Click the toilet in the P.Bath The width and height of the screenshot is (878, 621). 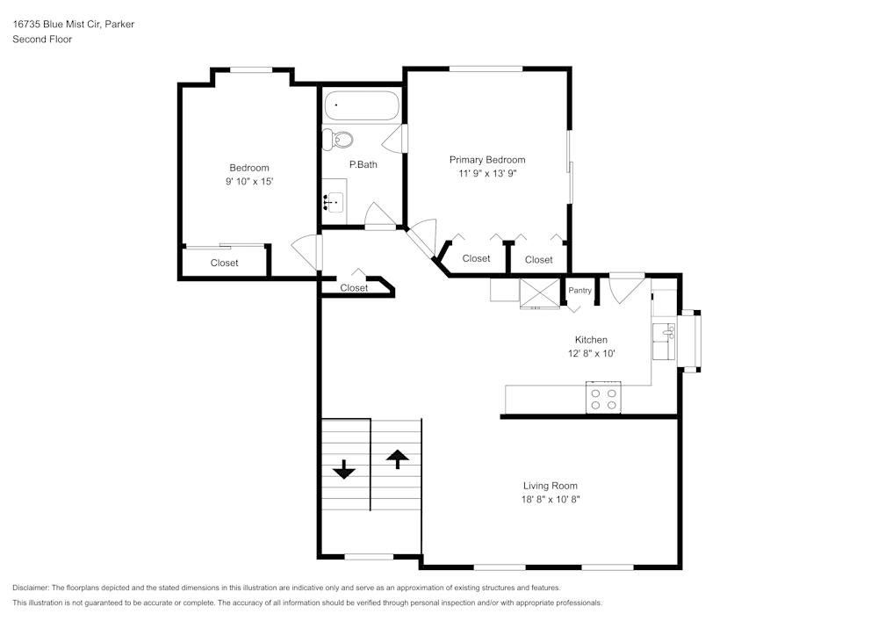coord(337,139)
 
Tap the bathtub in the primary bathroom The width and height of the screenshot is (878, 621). coord(361,108)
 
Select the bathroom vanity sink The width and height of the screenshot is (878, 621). coord(334,202)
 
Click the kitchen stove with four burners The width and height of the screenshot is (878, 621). coord(604,399)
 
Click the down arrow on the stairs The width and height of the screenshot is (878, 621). coord(343,470)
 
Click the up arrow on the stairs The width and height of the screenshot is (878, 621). coord(397,457)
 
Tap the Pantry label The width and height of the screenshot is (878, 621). coord(579,291)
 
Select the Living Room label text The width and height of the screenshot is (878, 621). coord(551,486)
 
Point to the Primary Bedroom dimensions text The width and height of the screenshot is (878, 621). coord(487,174)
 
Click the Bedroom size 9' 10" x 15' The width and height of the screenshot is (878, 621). coord(249,182)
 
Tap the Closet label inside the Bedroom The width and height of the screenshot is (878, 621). coord(224,263)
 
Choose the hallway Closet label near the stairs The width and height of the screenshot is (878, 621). coord(354,288)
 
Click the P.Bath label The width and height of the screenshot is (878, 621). coord(363,164)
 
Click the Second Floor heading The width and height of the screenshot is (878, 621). coord(42,40)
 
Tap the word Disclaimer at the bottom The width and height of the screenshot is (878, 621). coord(31,588)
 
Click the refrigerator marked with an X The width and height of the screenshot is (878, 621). coord(539,292)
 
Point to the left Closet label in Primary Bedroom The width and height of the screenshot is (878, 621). coord(476,258)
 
